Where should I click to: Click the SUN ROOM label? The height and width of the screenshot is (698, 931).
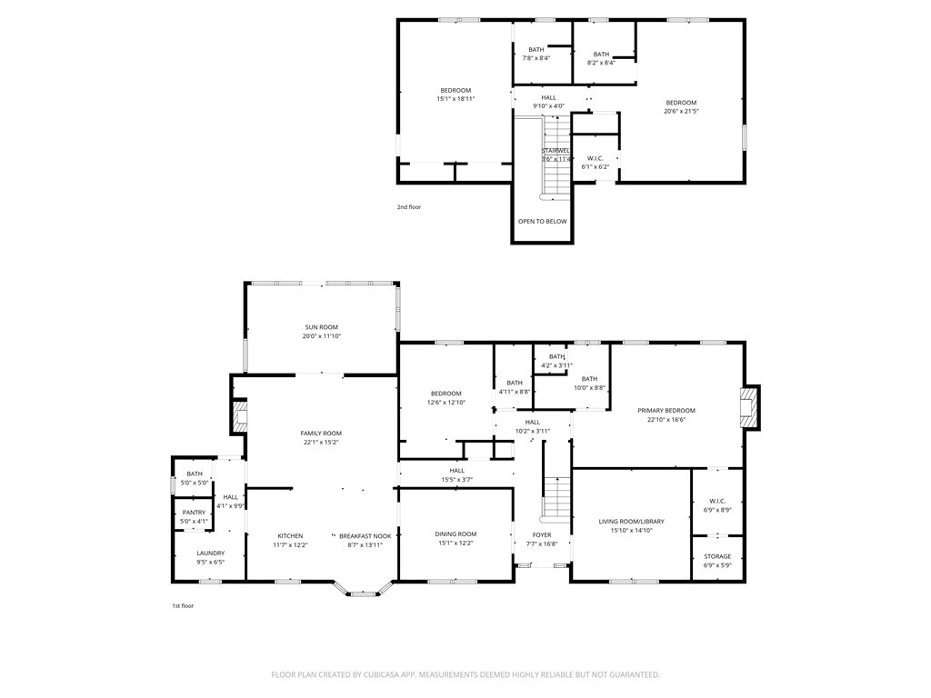(321, 327)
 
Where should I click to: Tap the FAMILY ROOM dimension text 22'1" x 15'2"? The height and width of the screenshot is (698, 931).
(321, 443)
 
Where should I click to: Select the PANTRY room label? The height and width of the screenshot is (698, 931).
(195, 513)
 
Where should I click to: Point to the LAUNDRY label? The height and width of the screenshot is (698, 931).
(211, 553)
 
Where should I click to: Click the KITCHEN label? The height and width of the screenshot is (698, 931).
(290, 536)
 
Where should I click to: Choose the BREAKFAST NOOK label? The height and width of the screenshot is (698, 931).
(365, 536)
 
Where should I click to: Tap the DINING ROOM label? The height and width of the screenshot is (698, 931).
(456, 534)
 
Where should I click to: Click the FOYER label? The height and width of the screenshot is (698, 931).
(542, 534)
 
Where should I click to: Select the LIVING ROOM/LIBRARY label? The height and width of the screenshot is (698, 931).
(631, 522)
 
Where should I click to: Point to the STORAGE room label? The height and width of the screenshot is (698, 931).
(718, 557)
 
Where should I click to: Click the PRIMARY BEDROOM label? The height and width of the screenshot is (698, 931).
(666, 411)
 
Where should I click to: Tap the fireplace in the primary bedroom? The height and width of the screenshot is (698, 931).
(749, 406)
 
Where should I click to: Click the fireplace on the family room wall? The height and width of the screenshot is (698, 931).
(239, 416)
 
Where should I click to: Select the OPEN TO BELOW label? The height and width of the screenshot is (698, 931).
(543, 222)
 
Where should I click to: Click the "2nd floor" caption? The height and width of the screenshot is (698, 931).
(409, 207)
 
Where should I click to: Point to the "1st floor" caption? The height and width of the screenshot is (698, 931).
(183, 606)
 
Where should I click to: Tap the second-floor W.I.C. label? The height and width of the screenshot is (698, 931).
(595, 158)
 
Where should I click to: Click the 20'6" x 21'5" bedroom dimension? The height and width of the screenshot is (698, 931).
(681, 111)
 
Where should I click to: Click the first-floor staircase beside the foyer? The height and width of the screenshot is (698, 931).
(557, 497)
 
